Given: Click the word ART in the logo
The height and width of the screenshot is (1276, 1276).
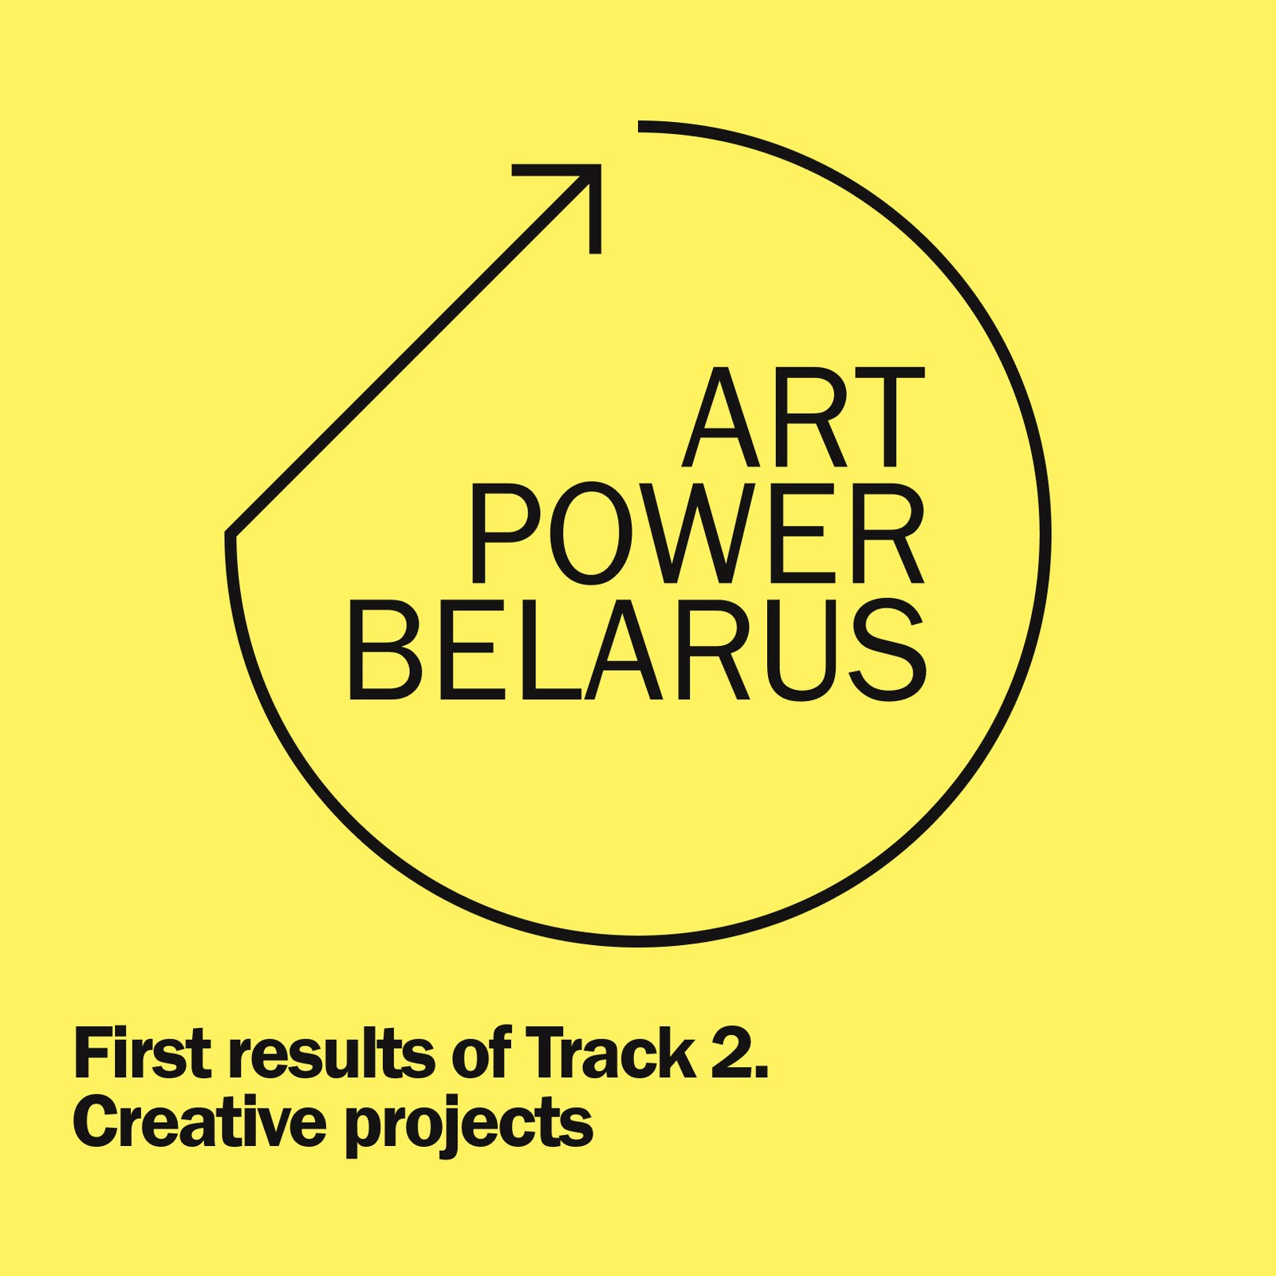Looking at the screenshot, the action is point(803,417).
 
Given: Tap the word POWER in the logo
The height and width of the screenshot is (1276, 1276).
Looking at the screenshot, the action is point(697,534).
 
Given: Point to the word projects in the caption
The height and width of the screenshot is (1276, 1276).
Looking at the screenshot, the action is point(470,1127).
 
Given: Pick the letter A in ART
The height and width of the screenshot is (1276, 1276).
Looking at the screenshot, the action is point(720,417).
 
